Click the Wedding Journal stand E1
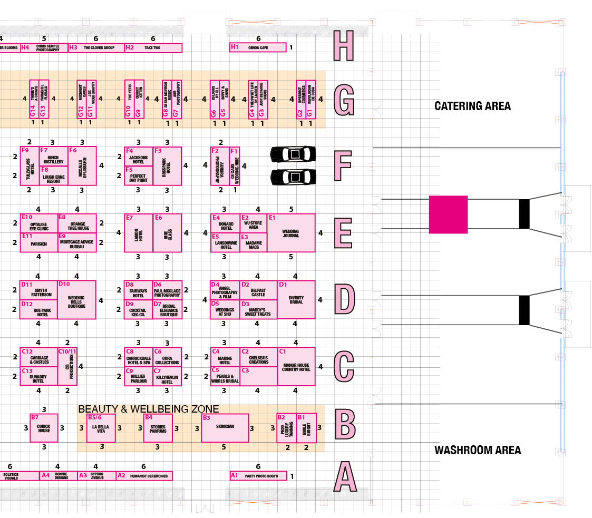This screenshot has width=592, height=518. pos(291,233)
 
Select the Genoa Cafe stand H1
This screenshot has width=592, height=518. pos(258,47)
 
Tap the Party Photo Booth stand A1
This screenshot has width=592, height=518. pos(258,476)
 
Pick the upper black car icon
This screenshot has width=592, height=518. pos(293,154)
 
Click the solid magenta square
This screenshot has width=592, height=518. pos(448,214)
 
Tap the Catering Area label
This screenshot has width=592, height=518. pos(472,106)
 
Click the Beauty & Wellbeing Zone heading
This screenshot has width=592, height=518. pos(148,409)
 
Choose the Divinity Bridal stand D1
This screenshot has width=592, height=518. pos(296,300)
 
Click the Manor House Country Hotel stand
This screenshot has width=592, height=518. pos(296,366)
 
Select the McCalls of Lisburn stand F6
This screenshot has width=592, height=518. pos(82,165)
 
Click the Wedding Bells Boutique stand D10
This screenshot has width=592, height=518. pos(76,300)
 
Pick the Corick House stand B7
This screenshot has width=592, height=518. pos(44,428)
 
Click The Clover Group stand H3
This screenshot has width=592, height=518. pos(96,48)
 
